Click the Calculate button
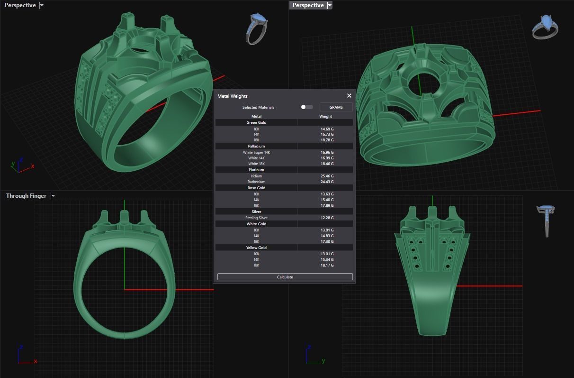(285, 277)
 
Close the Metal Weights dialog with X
(349, 96)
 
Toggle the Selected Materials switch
(306, 107)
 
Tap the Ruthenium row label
(256, 182)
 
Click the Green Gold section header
(256, 122)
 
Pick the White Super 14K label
(256, 152)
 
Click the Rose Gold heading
(256, 188)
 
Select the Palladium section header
(256, 146)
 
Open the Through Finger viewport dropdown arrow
(53, 196)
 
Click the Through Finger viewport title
(26, 196)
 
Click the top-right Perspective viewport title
(308, 5)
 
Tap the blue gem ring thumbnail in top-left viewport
(256, 28)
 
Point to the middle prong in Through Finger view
(124, 218)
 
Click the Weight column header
(325, 116)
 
